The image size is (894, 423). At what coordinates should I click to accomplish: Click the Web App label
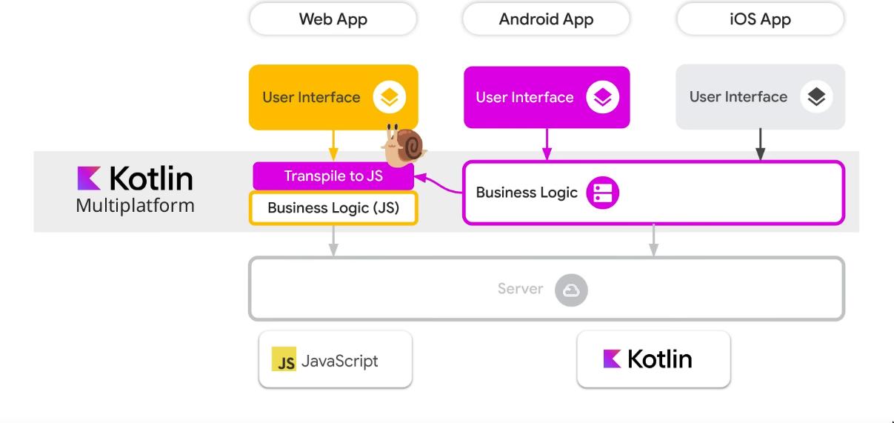click(x=333, y=19)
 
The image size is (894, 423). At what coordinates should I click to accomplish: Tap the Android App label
click(x=546, y=19)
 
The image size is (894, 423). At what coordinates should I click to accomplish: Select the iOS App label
click(x=760, y=19)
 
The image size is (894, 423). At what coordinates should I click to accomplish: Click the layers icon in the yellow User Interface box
click(x=390, y=97)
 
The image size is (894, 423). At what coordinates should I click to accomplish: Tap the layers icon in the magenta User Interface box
click(x=603, y=97)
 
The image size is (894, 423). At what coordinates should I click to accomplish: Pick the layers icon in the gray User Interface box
click(x=816, y=97)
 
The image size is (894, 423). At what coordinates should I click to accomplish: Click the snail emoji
click(x=404, y=144)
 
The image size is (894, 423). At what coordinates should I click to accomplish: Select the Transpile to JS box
click(x=333, y=176)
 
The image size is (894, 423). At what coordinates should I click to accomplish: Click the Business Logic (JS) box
click(x=333, y=208)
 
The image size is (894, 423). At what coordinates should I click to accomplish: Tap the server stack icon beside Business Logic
click(x=602, y=193)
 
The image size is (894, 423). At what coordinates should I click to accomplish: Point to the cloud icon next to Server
click(x=571, y=290)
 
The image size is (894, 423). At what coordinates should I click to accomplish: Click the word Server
click(x=520, y=289)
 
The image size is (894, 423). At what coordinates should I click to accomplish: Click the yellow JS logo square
click(x=284, y=359)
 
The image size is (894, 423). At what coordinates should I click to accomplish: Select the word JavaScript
click(x=340, y=361)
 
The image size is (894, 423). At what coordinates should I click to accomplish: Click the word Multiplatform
click(x=135, y=205)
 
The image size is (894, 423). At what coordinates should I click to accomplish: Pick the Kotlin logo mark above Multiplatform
click(x=89, y=179)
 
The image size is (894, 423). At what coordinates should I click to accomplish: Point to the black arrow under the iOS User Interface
click(x=760, y=144)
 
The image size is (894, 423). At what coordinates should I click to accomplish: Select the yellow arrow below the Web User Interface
click(x=333, y=145)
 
